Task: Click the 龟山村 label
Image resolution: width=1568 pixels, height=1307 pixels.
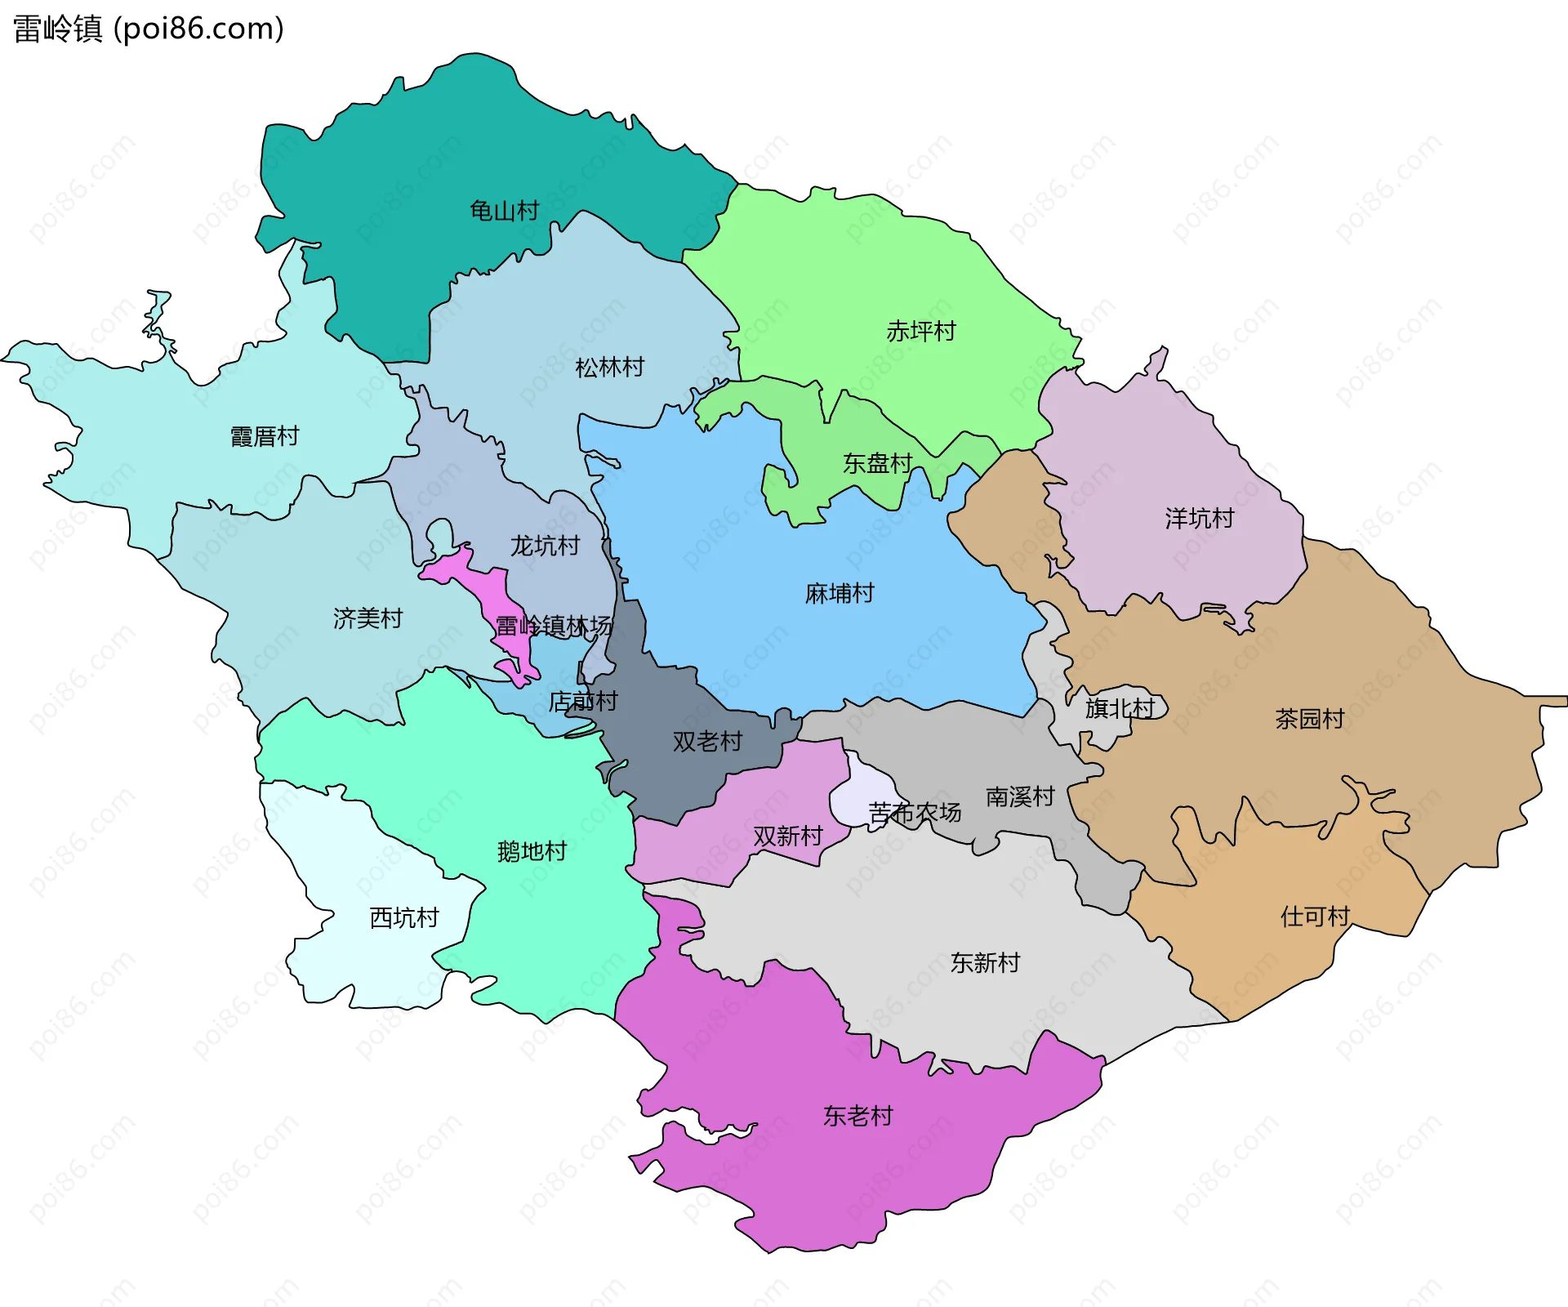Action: (x=504, y=211)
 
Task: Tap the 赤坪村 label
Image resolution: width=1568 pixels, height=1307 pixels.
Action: (x=920, y=331)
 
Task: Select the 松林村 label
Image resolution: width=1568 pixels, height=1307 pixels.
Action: (x=609, y=367)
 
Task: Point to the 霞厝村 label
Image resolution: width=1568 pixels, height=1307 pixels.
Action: (x=265, y=436)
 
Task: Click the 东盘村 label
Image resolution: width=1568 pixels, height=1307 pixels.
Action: (x=877, y=463)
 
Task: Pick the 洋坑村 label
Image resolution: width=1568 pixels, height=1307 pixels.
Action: (x=1199, y=518)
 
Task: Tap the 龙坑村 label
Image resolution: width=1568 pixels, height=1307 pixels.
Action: (x=545, y=545)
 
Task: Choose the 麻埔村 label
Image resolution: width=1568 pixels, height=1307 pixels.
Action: (x=840, y=593)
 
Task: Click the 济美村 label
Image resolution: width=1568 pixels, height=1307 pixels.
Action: (x=367, y=618)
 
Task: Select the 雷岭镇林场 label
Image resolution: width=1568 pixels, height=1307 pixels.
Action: (x=554, y=626)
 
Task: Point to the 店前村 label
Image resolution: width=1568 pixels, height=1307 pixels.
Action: (x=583, y=701)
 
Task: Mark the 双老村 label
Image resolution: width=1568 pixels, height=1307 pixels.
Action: (x=707, y=741)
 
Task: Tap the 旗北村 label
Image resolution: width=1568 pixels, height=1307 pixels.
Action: (x=1120, y=708)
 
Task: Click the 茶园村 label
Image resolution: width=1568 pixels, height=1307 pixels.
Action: (x=1309, y=719)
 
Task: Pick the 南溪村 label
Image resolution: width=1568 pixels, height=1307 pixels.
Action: (x=1020, y=796)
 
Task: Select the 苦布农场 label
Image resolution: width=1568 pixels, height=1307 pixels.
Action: (x=915, y=812)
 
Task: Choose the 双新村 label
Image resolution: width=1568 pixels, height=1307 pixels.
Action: (x=787, y=836)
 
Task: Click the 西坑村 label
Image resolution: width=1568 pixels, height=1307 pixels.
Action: (x=404, y=917)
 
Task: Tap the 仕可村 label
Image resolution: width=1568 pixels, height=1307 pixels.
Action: (x=1315, y=916)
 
